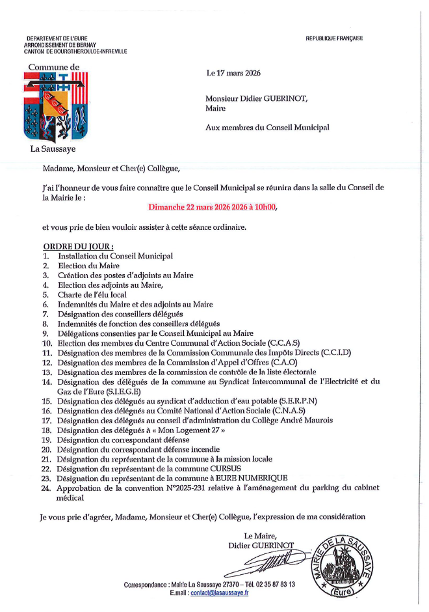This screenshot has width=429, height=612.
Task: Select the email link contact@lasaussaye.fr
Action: (x=220, y=594)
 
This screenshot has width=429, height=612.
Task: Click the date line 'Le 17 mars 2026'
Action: (x=233, y=73)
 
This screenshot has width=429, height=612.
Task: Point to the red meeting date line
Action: (x=212, y=208)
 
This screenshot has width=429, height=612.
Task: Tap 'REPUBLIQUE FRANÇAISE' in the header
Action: (x=334, y=38)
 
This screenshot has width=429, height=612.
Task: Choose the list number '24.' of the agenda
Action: (x=46, y=488)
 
